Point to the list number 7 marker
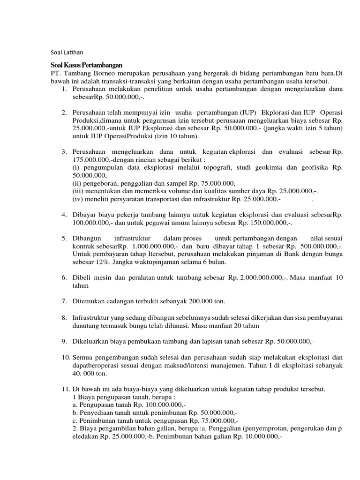pyautogui.click(x=64, y=300)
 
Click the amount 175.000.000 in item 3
pyautogui.click(x=91, y=160)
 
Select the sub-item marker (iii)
pyautogui.click(x=79, y=191)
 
